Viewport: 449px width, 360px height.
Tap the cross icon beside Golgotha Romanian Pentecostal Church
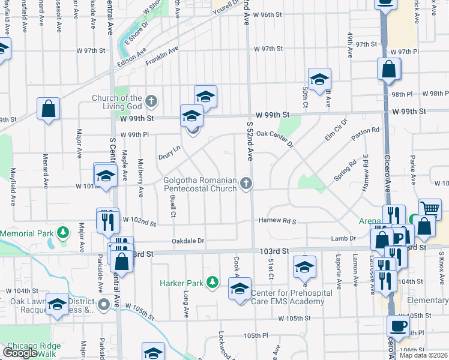pos(245,182)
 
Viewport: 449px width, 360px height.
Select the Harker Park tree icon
pos(211,282)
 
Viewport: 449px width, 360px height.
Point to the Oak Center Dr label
pos(274,139)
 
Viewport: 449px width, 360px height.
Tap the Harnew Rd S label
pos(277,221)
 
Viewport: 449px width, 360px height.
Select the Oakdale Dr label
pos(188,241)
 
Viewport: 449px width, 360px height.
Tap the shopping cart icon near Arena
pos(430,208)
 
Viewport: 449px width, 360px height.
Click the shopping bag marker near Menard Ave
pos(48,109)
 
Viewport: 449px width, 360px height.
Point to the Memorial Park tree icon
pos(63,232)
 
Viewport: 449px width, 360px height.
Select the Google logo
pos(19,353)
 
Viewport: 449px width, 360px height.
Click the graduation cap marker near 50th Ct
pos(320,79)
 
